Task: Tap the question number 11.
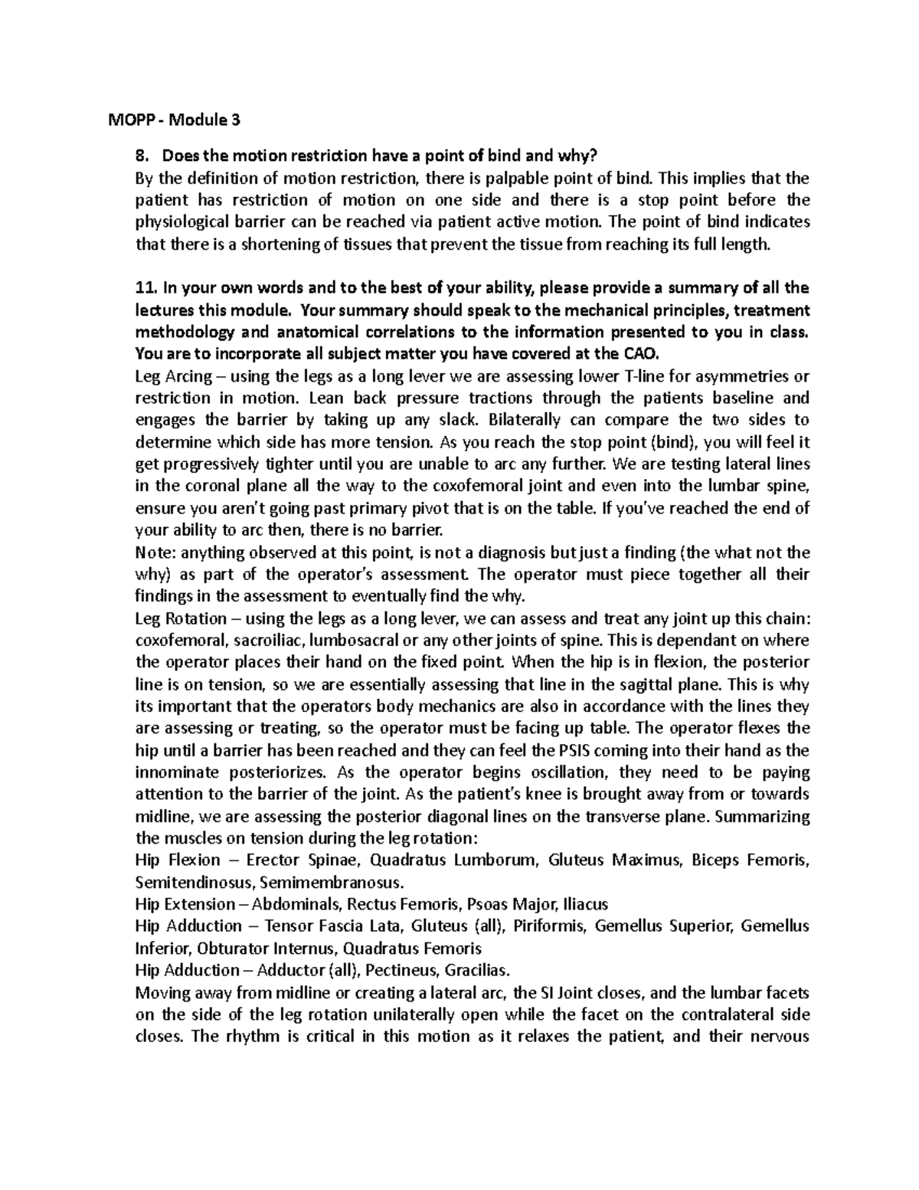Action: click(143, 288)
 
